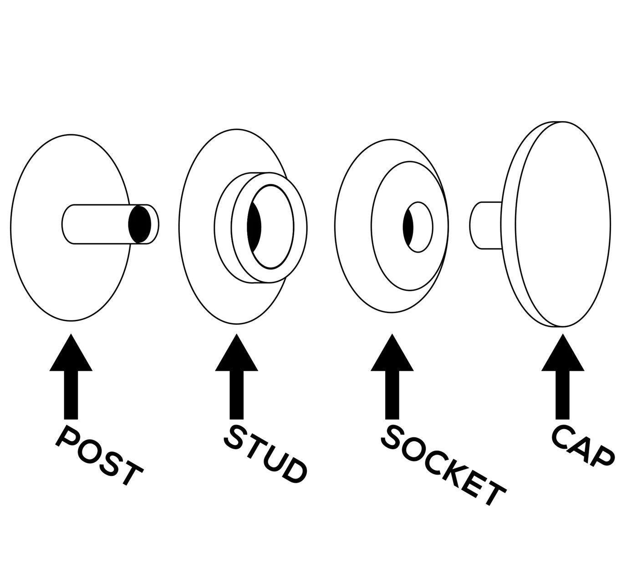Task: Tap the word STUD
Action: (264, 452)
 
